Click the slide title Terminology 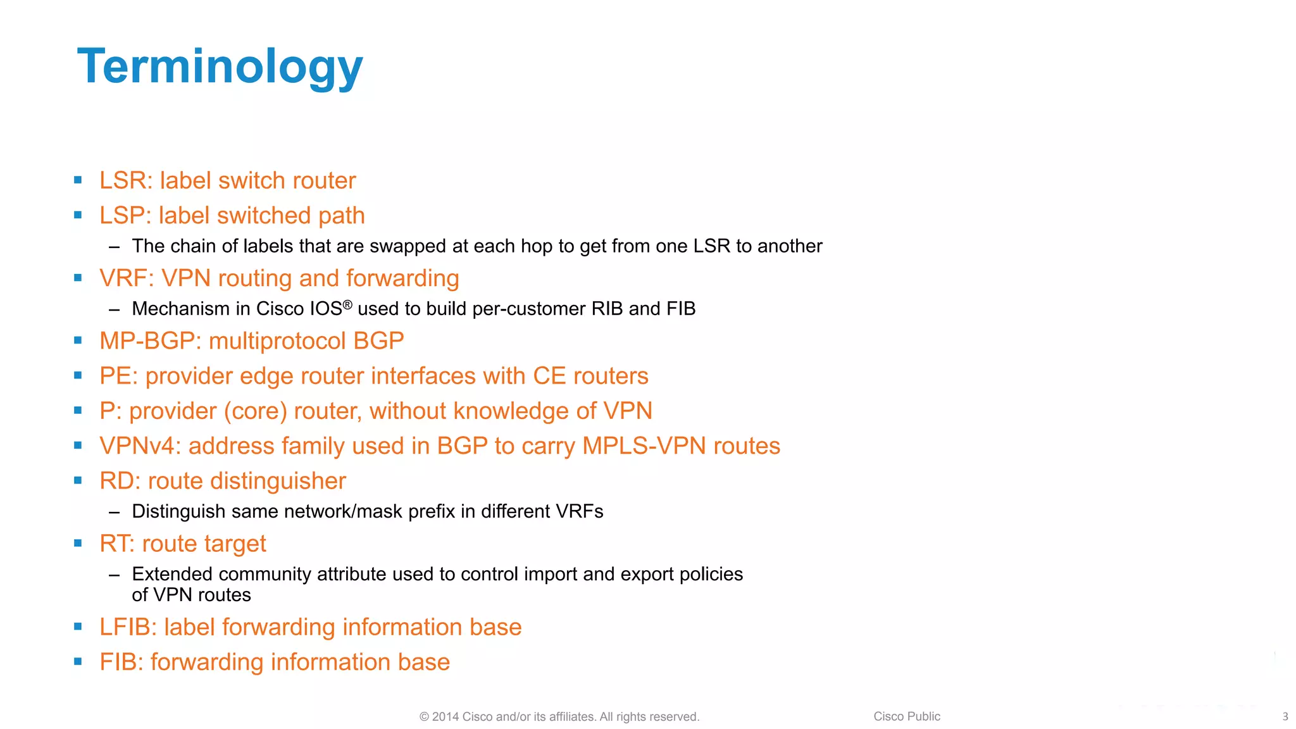[x=220, y=66]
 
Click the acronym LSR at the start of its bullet [x=123, y=181]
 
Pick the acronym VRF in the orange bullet [x=124, y=278]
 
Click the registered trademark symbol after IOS [x=347, y=304]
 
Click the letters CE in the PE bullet [x=549, y=376]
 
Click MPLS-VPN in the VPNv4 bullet [x=644, y=446]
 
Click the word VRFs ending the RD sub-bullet [x=579, y=511]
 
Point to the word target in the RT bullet [x=235, y=544]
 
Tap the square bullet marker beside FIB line [x=78, y=662]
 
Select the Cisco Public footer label [x=906, y=716]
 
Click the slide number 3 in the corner [x=1285, y=717]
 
